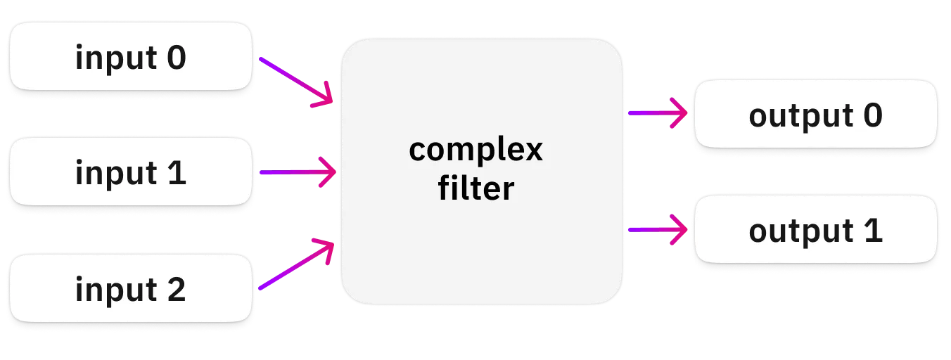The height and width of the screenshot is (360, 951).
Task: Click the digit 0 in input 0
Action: click(x=177, y=58)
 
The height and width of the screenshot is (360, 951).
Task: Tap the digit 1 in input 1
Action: click(x=177, y=173)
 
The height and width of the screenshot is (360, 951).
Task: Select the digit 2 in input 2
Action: click(x=177, y=290)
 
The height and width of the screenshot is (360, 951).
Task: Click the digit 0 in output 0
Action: click(x=873, y=115)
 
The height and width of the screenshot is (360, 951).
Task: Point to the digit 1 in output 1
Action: click(x=874, y=231)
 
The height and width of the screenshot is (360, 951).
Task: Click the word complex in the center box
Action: click(x=475, y=150)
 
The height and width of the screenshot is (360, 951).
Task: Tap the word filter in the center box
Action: click(x=476, y=188)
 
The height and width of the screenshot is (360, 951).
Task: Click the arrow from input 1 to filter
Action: click(x=298, y=172)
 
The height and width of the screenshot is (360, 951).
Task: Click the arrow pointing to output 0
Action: click(x=658, y=113)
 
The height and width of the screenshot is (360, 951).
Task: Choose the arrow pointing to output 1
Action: click(x=658, y=230)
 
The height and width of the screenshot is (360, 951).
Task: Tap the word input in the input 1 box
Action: click(x=116, y=174)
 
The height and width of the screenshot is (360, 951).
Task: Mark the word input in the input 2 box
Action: click(x=116, y=290)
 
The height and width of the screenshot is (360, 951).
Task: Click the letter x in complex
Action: click(x=532, y=150)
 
